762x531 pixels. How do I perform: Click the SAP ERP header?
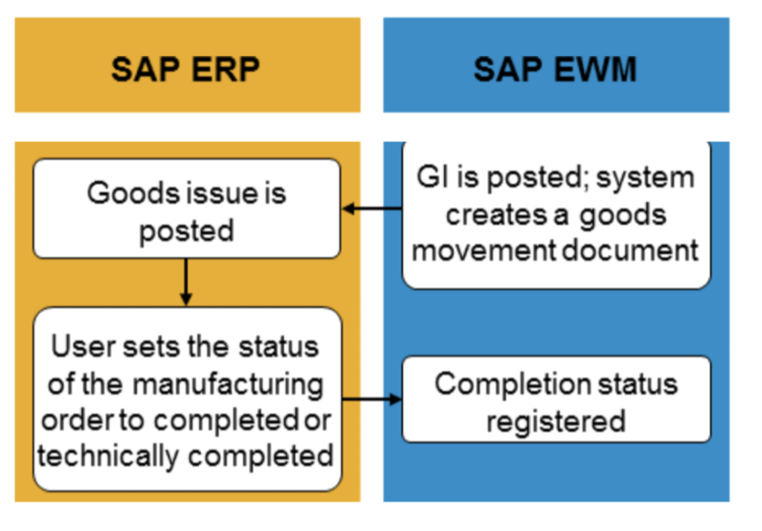(x=186, y=66)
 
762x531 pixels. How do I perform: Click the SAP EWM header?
(x=555, y=66)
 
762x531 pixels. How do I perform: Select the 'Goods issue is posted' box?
(x=186, y=209)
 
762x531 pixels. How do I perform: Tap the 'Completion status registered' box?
(x=555, y=400)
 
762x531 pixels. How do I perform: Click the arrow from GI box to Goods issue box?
(x=371, y=208)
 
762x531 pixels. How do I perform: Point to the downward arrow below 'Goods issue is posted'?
(x=186, y=283)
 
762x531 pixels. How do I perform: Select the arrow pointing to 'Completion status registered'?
(x=372, y=398)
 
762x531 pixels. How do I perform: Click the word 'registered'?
(x=555, y=420)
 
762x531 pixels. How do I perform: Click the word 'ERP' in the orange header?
(x=225, y=67)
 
